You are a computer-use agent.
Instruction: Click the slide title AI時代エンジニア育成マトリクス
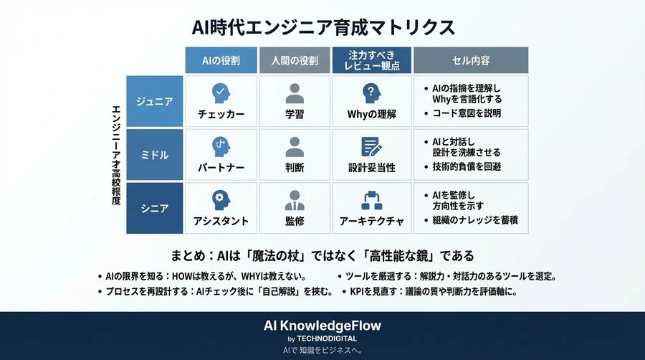(x=322, y=27)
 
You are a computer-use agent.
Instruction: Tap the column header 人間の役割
(x=295, y=60)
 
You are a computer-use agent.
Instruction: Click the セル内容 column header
(x=471, y=60)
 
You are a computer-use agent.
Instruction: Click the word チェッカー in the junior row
(x=221, y=115)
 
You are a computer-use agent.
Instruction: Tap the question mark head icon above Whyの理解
(x=370, y=93)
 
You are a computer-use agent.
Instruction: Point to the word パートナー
(x=221, y=168)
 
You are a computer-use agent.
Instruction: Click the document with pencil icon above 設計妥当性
(x=371, y=146)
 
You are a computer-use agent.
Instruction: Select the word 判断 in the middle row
(x=295, y=168)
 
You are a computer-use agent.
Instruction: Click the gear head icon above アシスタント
(x=221, y=199)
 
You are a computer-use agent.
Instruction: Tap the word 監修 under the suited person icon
(x=295, y=222)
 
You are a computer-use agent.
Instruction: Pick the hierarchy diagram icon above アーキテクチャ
(x=371, y=199)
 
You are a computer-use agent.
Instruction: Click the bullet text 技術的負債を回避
(x=467, y=166)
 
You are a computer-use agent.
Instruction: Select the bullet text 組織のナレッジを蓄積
(x=471, y=219)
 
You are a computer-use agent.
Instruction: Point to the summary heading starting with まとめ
(x=322, y=255)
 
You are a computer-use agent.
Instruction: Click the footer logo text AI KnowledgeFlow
(x=322, y=326)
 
